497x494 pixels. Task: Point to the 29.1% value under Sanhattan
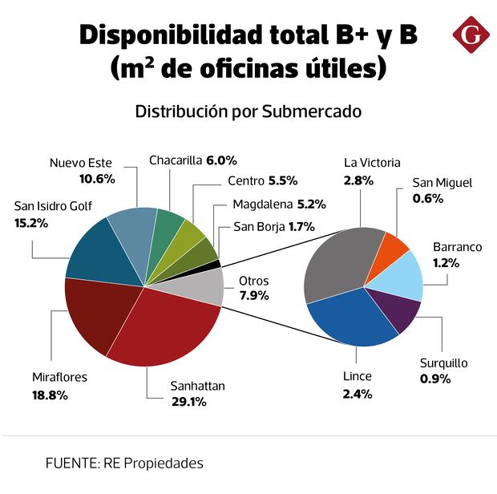coord(189,401)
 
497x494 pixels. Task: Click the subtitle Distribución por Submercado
coord(248,111)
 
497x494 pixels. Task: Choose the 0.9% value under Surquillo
coord(435,377)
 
